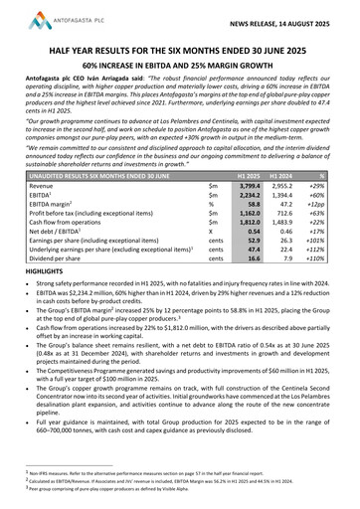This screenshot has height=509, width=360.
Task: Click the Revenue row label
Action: coord(44,186)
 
